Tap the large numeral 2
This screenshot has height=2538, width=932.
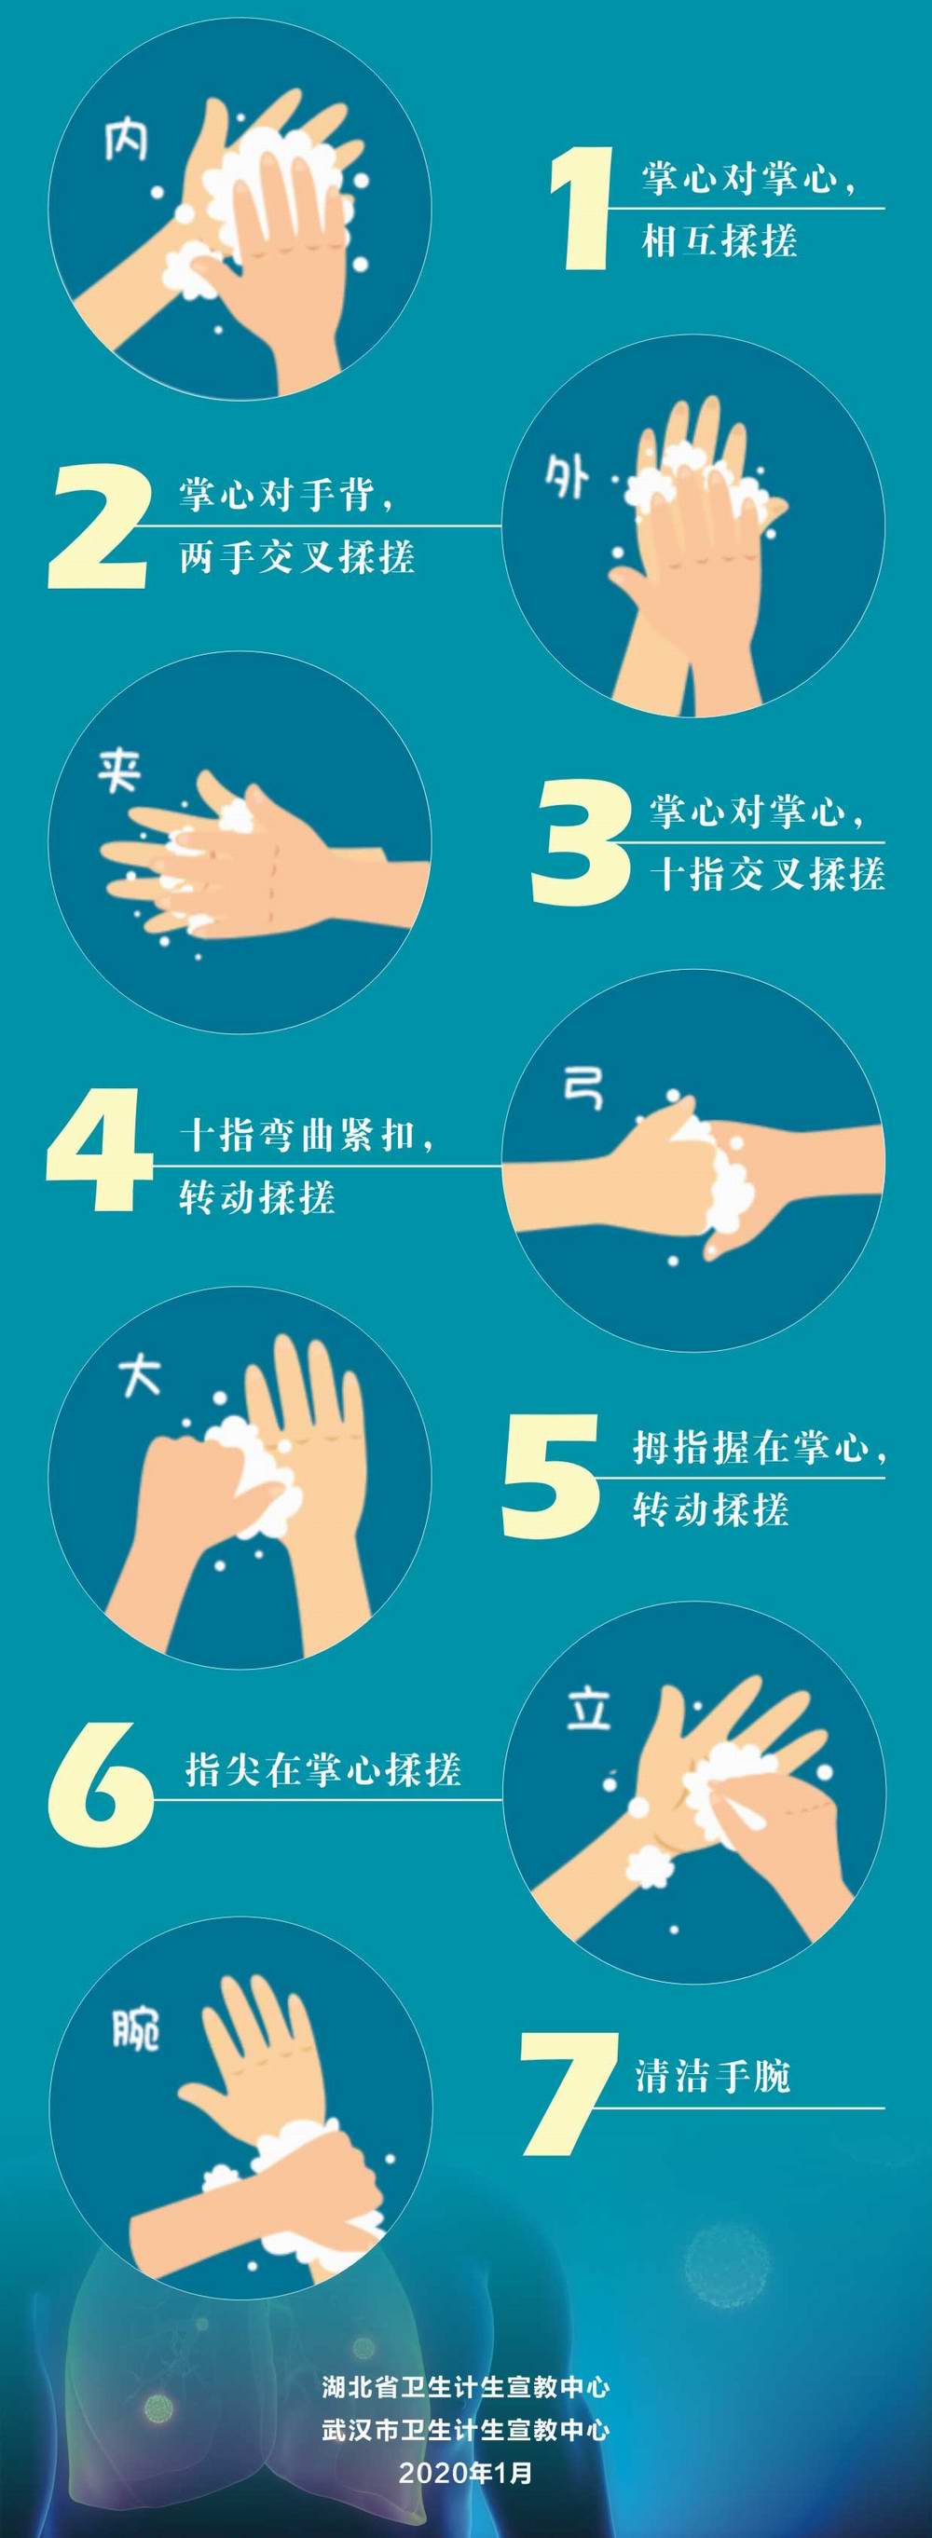coord(99,527)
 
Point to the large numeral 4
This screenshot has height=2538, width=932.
coord(99,1150)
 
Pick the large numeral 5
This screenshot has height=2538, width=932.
coord(551,1476)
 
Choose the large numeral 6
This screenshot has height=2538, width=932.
coord(100,1785)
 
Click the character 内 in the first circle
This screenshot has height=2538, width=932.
coord(127,139)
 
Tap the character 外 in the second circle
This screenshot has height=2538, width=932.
coord(567,478)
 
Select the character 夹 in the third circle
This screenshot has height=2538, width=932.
coord(119,771)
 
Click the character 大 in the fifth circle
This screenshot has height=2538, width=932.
coord(139,1374)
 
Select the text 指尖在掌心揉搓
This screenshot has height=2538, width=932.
coord(323,1769)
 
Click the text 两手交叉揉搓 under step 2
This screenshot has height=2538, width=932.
coord(296,558)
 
